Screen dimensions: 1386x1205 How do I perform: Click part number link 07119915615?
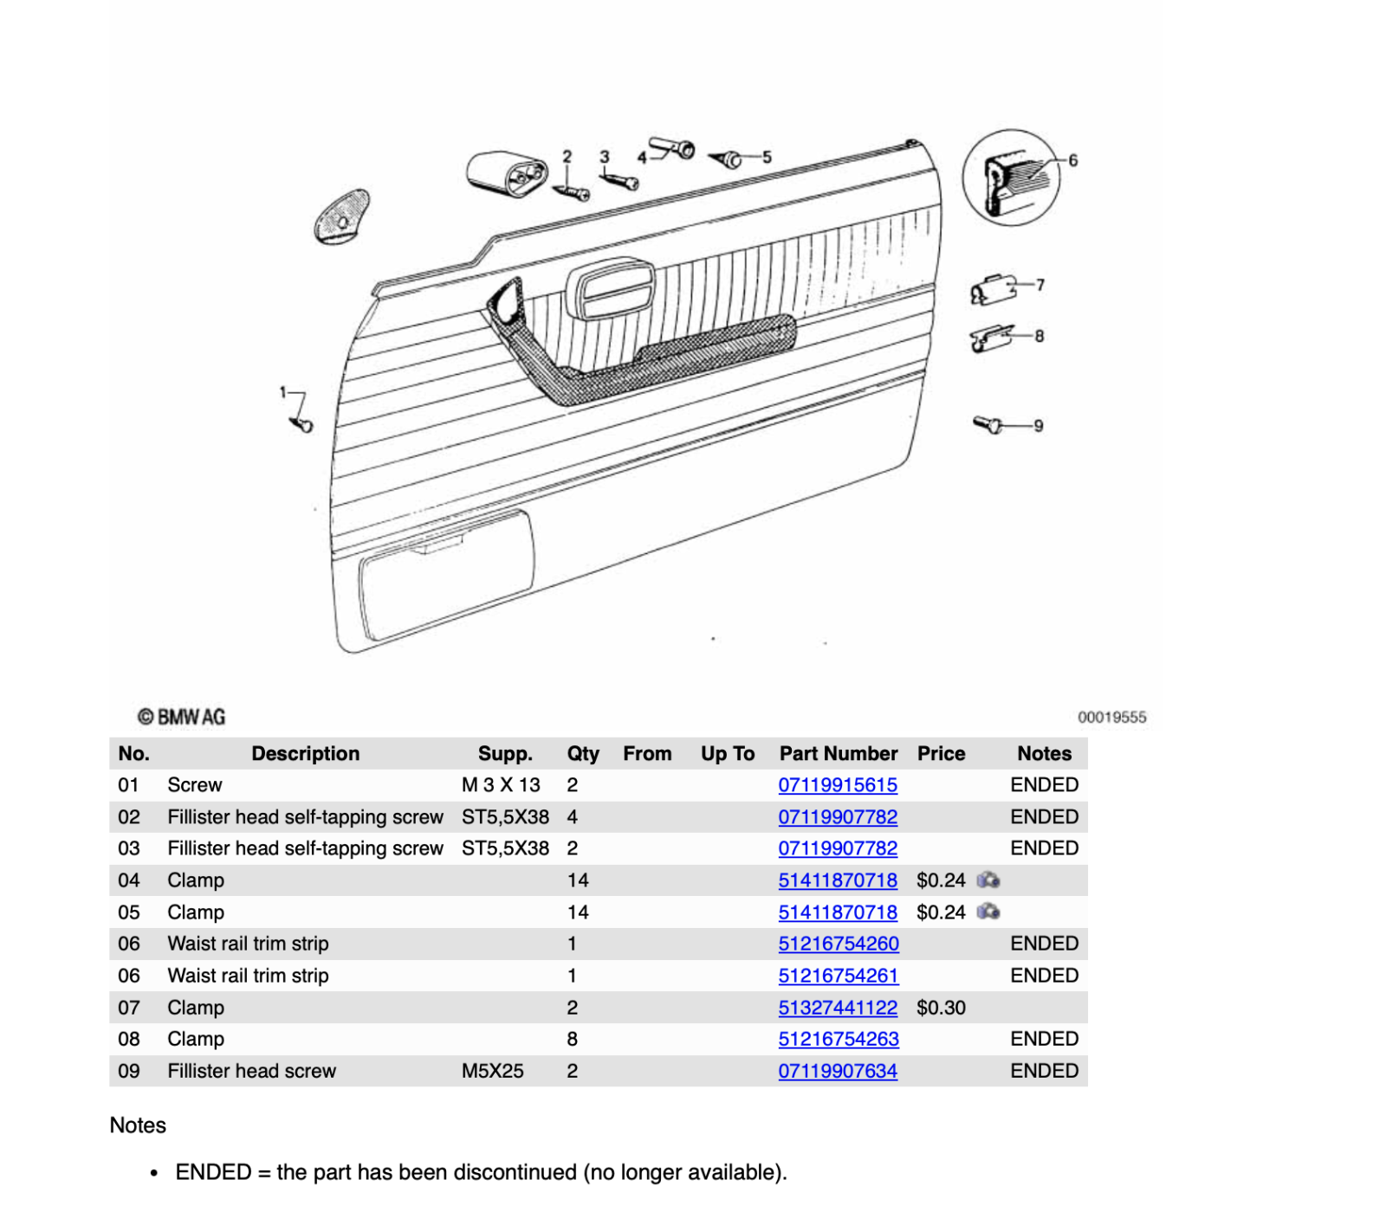(838, 785)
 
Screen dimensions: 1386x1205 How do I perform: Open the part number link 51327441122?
(838, 1008)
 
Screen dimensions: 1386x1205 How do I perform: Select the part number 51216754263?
(839, 1039)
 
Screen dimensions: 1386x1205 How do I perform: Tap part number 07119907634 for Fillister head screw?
(838, 1071)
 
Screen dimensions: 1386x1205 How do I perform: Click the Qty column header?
(583, 754)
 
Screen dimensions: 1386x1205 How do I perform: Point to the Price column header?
(941, 754)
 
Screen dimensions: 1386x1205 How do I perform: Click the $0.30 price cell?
(941, 1008)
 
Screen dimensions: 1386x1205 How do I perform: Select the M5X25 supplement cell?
(492, 1071)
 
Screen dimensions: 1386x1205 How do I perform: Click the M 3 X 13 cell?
(501, 785)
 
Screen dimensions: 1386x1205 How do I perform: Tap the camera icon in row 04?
(988, 880)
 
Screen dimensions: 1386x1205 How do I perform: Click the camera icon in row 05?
(988, 912)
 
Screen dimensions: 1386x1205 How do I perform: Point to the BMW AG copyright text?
(181, 717)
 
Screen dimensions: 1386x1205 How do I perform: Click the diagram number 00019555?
(1112, 718)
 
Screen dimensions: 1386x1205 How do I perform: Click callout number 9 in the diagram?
(1039, 426)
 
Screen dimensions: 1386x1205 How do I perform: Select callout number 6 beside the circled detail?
(1073, 161)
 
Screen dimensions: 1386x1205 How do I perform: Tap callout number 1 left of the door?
(282, 393)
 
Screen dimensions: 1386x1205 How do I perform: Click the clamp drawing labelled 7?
(993, 290)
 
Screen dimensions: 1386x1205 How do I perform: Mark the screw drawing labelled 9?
(988, 424)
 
